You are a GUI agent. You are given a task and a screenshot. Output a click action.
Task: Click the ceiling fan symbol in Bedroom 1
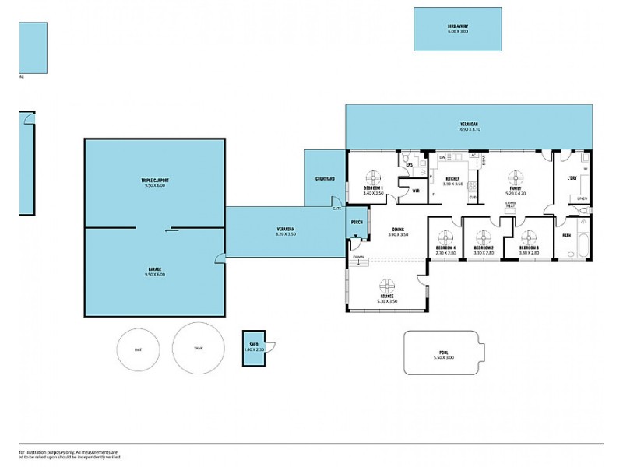pyautogui.click(x=373, y=176)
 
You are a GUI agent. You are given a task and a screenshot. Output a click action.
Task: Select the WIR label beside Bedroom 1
pyautogui.click(x=415, y=191)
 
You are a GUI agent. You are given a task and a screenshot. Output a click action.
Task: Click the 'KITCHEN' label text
pyautogui.click(x=452, y=179)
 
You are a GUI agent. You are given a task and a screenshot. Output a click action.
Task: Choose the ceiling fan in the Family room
pyautogui.click(x=515, y=177)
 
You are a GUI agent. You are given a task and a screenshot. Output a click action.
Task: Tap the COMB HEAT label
pyautogui.click(x=511, y=204)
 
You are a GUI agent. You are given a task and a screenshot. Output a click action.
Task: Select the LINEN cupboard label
pyautogui.click(x=582, y=199)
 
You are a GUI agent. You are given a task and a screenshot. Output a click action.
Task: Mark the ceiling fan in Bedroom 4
pyautogui.click(x=445, y=237)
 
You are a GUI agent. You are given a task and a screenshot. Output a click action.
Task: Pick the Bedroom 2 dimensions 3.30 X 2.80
pyautogui.click(x=484, y=253)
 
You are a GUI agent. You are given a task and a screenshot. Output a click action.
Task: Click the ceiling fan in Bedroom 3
pyautogui.click(x=529, y=237)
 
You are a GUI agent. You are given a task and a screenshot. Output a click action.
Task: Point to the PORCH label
pyautogui.click(x=357, y=222)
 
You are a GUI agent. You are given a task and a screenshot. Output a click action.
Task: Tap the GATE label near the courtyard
pyautogui.click(x=337, y=209)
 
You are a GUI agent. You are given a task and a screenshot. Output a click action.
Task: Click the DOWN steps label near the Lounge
pyautogui.click(x=358, y=257)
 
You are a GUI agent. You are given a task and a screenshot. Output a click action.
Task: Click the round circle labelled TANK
pyautogui.click(x=199, y=349)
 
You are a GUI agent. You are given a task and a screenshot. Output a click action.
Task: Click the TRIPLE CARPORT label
pyautogui.click(x=155, y=180)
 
